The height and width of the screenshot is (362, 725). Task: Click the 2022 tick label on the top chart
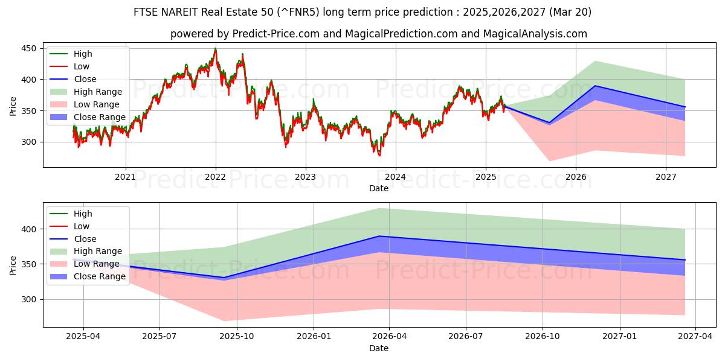click(x=215, y=177)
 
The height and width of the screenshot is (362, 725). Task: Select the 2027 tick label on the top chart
click(x=666, y=177)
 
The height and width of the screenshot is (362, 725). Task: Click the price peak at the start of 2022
click(x=215, y=49)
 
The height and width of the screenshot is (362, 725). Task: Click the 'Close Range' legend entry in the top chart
click(x=100, y=117)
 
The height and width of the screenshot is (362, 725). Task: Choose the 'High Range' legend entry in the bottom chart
click(x=100, y=252)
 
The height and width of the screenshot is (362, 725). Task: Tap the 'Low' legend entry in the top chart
click(x=82, y=66)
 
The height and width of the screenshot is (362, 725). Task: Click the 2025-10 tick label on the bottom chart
click(x=236, y=337)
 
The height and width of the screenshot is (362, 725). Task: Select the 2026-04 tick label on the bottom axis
click(x=389, y=337)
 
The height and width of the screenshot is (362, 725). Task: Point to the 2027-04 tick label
click(x=695, y=337)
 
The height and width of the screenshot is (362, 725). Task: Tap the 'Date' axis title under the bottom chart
click(x=379, y=348)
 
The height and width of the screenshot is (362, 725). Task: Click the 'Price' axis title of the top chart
click(x=13, y=106)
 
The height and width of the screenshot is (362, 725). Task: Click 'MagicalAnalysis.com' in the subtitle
click(x=535, y=34)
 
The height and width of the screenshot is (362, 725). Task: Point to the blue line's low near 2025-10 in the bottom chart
click(x=225, y=278)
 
